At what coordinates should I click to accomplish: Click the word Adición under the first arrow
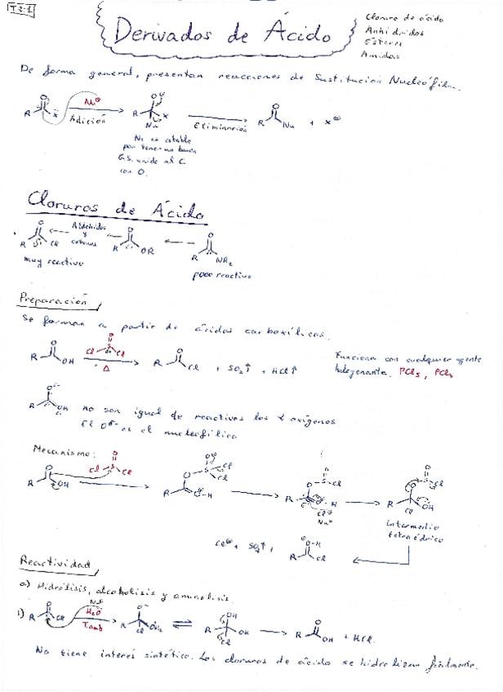tap(88, 119)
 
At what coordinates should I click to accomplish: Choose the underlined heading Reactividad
tap(56, 563)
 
